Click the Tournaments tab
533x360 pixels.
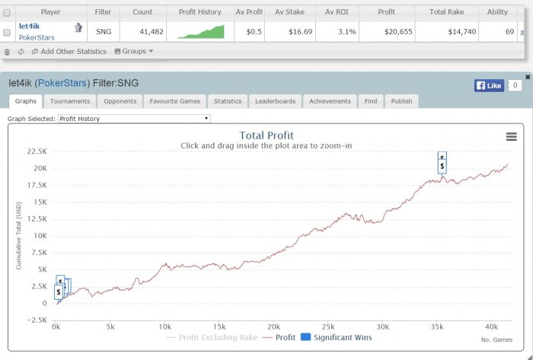(70, 100)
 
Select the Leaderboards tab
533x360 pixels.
(276, 100)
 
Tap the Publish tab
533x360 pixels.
(401, 100)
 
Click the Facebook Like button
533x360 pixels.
(488, 85)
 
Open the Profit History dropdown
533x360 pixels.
(134, 119)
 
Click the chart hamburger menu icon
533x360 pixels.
(511, 136)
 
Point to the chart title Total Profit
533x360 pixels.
(266, 136)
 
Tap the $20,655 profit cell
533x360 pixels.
(395, 31)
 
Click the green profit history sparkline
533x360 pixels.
(201, 31)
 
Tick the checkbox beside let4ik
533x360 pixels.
(7, 32)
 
